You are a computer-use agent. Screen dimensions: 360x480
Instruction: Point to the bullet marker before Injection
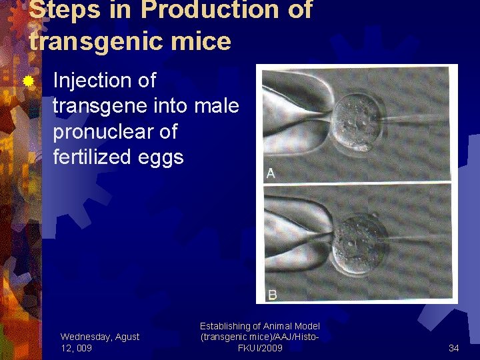point(29,81)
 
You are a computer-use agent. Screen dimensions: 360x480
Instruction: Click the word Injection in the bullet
point(104,81)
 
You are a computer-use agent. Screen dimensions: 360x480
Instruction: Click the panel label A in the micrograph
point(271,173)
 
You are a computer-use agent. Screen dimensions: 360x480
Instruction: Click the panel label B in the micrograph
point(272,294)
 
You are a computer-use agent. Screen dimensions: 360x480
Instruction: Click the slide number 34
point(453,347)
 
